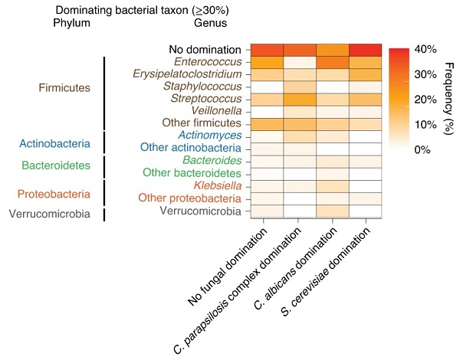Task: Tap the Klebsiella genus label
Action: point(215,185)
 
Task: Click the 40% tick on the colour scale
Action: point(425,50)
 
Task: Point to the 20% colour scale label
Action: point(425,100)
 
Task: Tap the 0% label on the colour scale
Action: point(422,150)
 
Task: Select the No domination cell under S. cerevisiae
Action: point(364,50)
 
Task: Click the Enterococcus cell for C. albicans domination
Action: point(330,62)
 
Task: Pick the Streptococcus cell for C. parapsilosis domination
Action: point(297,99)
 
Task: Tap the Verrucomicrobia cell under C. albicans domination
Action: point(330,211)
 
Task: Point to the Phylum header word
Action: point(72,22)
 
